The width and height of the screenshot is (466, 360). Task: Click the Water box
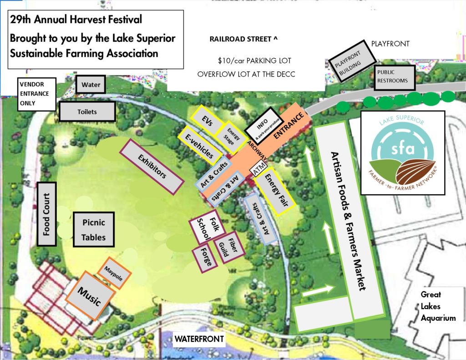(x=91, y=85)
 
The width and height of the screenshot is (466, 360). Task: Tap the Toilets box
(x=87, y=112)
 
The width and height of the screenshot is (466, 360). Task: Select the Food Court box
(x=46, y=214)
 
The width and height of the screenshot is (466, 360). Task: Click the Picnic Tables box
(x=94, y=230)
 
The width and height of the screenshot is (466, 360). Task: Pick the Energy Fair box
(x=275, y=193)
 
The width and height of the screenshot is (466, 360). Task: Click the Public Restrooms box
(x=394, y=77)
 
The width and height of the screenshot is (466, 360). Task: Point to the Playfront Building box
(x=353, y=65)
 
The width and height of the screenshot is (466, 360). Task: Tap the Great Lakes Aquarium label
(x=438, y=306)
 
